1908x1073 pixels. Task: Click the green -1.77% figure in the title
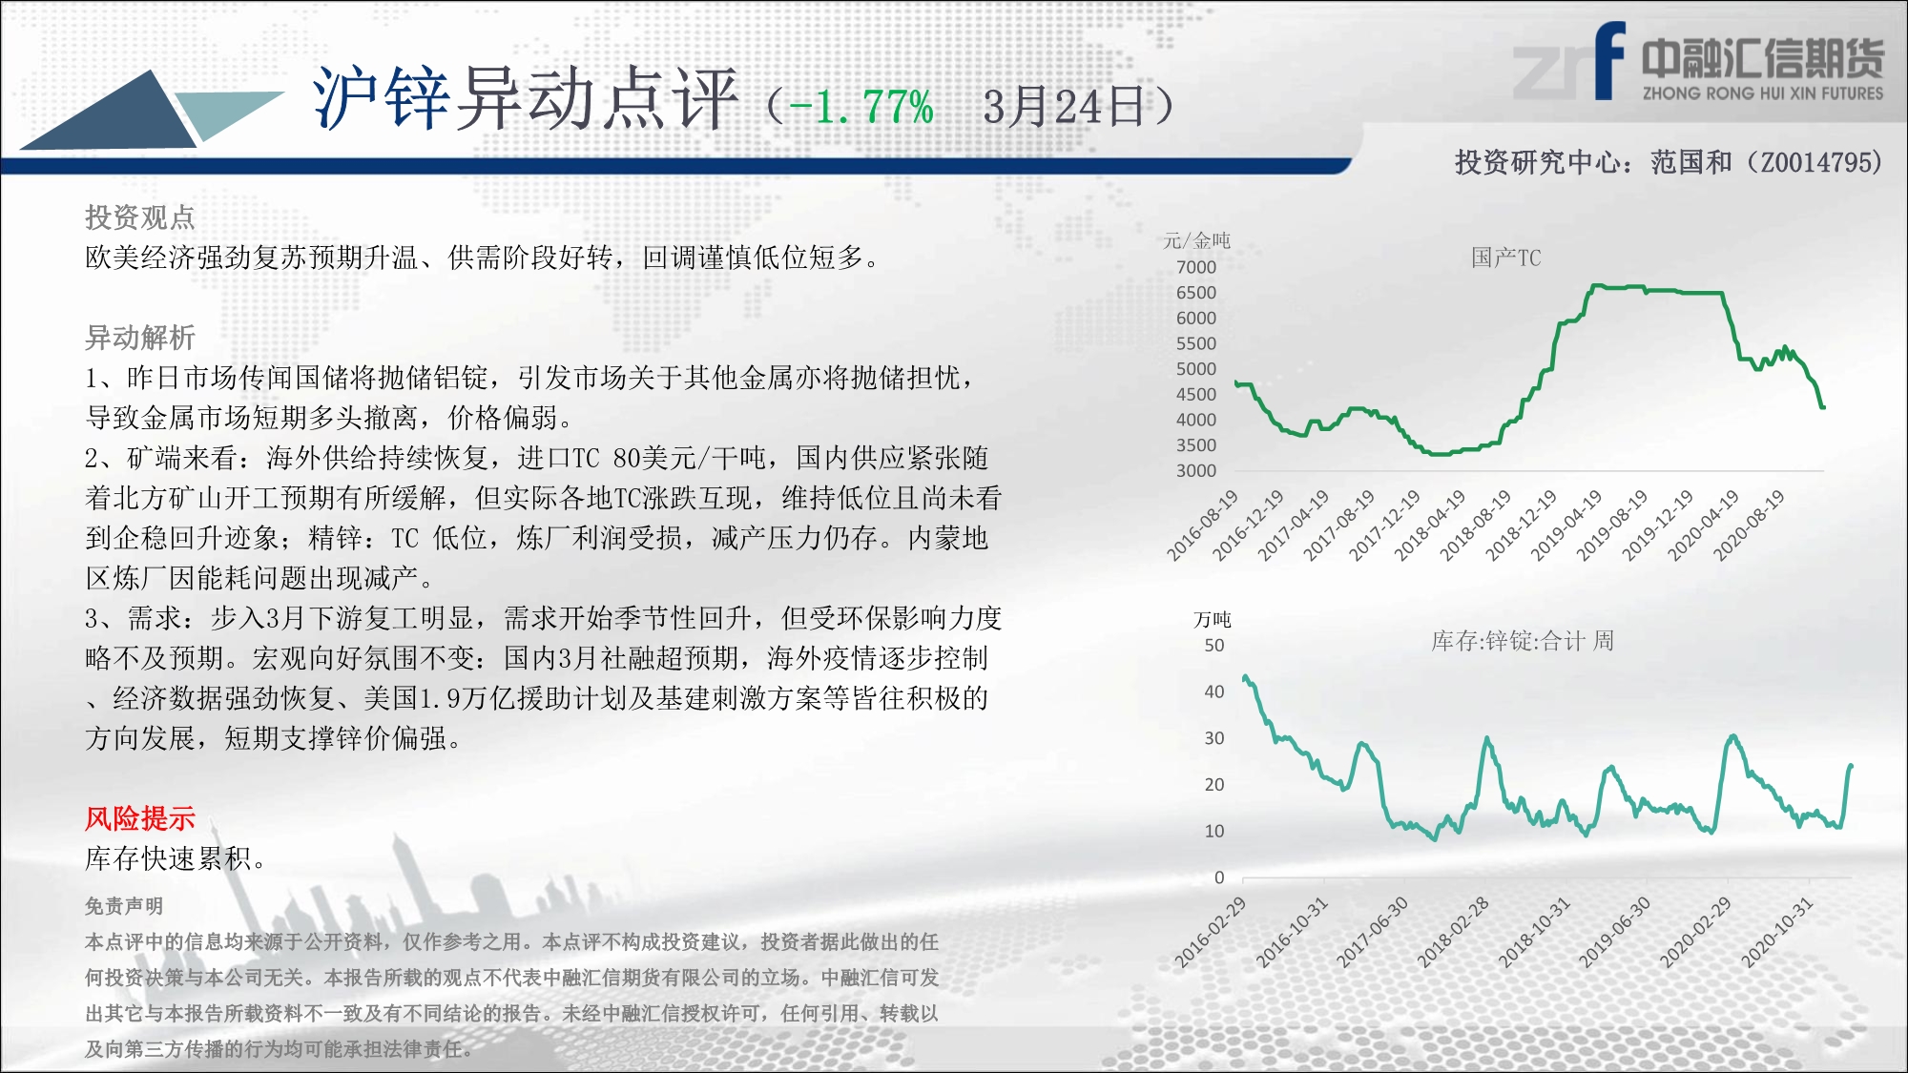(x=861, y=107)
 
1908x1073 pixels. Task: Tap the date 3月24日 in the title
(x=1064, y=107)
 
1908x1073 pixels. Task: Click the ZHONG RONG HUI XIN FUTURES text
(x=1763, y=93)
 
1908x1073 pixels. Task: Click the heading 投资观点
(x=140, y=217)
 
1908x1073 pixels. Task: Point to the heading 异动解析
(x=140, y=338)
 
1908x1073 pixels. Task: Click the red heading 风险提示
(x=140, y=818)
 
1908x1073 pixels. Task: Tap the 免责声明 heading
(x=124, y=906)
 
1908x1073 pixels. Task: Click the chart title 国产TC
(x=1505, y=258)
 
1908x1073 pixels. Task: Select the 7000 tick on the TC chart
(x=1196, y=267)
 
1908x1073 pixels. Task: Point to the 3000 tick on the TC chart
(x=1196, y=470)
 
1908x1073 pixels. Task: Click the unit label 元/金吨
(x=1196, y=240)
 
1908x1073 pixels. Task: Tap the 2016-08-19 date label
(x=1202, y=525)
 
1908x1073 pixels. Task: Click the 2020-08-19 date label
(x=1749, y=525)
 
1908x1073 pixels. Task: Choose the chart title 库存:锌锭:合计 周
(x=1523, y=641)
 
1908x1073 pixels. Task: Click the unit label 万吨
(x=1213, y=620)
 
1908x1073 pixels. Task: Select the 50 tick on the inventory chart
(x=1214, y=645)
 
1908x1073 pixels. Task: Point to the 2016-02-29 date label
(x=1210, y=933)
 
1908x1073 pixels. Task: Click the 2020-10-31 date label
(x=1776, y=933)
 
